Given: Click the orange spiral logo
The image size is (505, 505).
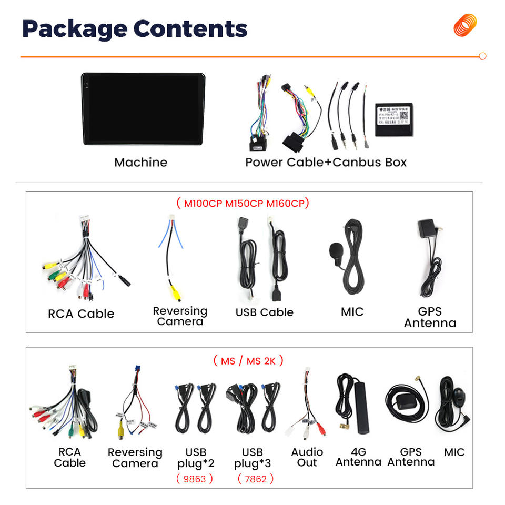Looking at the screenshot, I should (465, 25).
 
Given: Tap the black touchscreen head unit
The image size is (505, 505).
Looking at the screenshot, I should (143, 109).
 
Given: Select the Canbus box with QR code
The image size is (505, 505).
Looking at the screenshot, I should (394, 119).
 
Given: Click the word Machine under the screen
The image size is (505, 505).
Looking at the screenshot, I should (140, 162).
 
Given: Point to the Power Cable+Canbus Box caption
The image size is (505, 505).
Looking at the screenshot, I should (326, 162).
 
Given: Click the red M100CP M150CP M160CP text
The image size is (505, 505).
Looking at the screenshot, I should (243, 203).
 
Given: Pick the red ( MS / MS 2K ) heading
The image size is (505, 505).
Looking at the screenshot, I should (248, 361).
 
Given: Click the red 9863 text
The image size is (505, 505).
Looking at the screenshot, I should (195, 479).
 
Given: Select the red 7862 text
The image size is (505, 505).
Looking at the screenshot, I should (256, 479).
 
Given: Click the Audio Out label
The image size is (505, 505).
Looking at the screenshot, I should (307, 457).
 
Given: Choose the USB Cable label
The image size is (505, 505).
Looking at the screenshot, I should (264, 312).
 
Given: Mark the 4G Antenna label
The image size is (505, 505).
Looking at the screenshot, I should (358, 457).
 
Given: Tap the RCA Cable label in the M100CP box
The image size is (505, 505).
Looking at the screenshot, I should (81, 314).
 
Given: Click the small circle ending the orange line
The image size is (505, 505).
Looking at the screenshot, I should (482, 56).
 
